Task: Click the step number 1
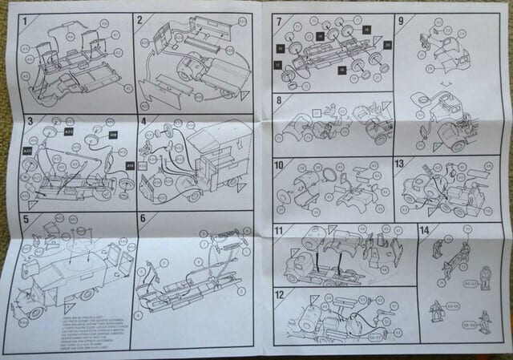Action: click(24, 20)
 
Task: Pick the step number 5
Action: click(26, 218)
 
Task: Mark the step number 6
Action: click(142, 219)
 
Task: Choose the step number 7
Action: click(278, 21)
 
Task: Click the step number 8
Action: click(278, 101)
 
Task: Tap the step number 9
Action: click(400, 21)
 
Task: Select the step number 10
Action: click(280, 166)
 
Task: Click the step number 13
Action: click(400, 164)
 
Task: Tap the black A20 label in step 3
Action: click(28, 150)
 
